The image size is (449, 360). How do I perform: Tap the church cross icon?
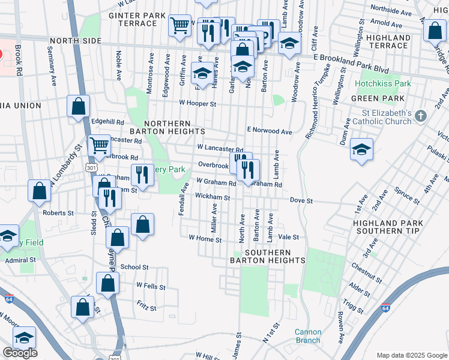421,116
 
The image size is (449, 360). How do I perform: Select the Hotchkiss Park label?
382,83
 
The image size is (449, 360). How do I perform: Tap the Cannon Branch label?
308,336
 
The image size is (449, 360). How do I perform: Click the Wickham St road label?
212,197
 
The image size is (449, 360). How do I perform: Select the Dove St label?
301,200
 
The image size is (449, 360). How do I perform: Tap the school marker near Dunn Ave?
361,150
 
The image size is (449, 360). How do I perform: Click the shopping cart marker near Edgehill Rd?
99,145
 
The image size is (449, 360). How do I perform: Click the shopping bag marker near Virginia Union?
79,107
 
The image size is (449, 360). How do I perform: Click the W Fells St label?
151,286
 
